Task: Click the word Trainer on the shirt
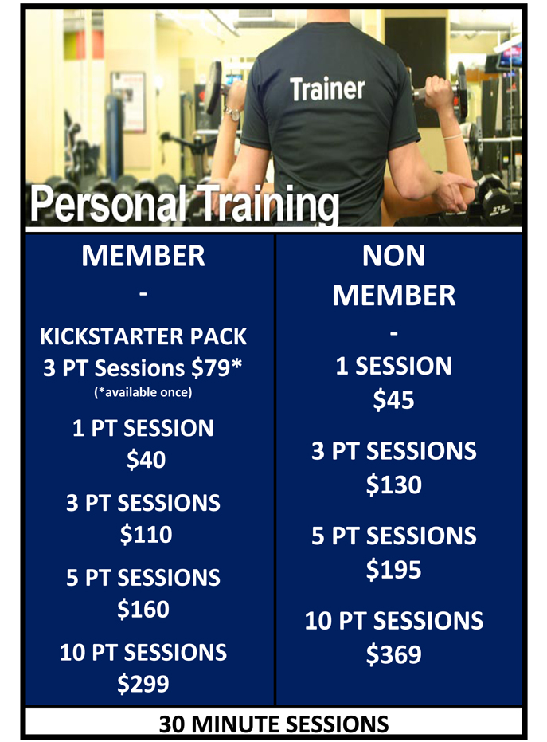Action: [x=327, y=89]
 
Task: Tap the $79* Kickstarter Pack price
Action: [x=217, y=368]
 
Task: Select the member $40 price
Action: [x=146, y=460]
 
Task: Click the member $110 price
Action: [x=146, y=534]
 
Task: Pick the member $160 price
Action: [x=143, y=609]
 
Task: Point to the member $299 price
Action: [x=143, y=684]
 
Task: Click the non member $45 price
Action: [x=393, y=400]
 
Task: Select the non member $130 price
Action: [x=394, y=485]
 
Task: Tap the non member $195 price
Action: [x=394, y=569]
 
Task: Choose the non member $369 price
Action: [x=394, y=654]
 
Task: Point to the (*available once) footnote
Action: [x=143, y=392]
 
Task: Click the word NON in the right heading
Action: [x=394, y=256]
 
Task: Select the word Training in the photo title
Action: [x=268, y=205]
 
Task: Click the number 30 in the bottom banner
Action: [x=172, y=724]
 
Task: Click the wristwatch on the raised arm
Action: [x=232, y=112]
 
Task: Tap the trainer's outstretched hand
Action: [x=455, y=190]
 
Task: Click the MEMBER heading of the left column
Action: [x=143, y=256]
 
